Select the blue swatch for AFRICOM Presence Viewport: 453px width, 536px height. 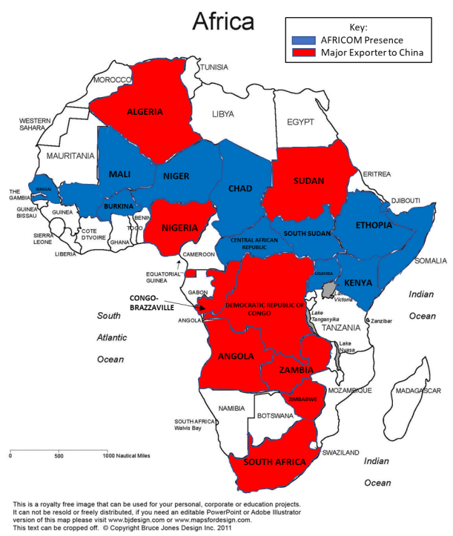[301, 39]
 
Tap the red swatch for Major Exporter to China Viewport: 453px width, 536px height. [301, 53]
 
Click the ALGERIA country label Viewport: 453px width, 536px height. [145, 113]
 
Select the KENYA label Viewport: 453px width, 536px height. [358, 283]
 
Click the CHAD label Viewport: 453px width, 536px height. [241, 188]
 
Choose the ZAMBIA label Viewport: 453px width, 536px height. [296, 369]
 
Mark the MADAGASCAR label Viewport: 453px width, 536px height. [418, 391]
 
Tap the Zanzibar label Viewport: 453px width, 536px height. [381, 320]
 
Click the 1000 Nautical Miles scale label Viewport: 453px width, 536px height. [127, 456]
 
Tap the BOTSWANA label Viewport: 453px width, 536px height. [274, 416]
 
